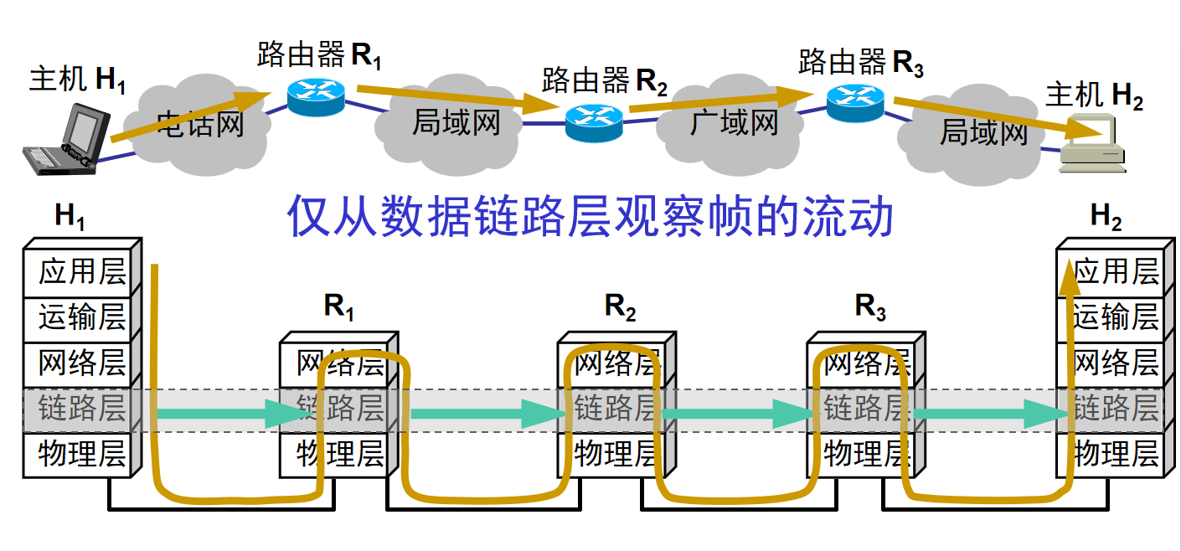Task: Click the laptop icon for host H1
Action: click(66, 140)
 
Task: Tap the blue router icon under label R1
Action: click(317, 97)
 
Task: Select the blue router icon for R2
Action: click(594, 123)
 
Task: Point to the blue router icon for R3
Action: click(855, 103)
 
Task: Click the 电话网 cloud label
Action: click(201, 125)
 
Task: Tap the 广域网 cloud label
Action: click(734, 122)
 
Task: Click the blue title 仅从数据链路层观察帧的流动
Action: click(590, 216)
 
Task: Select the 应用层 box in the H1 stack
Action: click(77, 273)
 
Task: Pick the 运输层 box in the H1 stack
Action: click(77, 318)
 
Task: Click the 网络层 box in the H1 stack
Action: click(77, 364)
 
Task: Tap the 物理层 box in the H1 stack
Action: click(77, 455)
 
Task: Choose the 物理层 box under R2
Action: click(611, 455)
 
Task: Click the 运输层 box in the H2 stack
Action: click(1111, 318)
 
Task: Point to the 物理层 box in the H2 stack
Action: click(1111, 455)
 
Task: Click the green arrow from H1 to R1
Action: click(231, 414)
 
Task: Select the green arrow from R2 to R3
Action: click(738, 414)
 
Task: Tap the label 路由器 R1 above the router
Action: click(319, 54)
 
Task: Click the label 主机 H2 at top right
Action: click(1095, 95)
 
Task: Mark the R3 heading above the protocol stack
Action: click(870, 306)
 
